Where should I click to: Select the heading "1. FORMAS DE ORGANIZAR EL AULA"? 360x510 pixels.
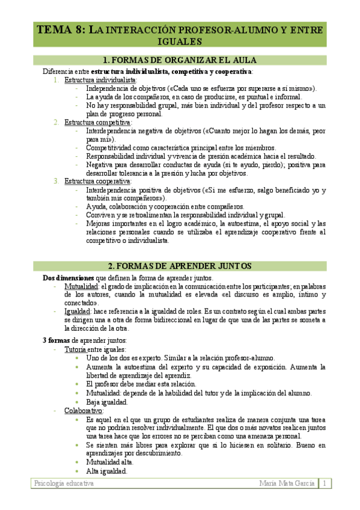tap(180, 60)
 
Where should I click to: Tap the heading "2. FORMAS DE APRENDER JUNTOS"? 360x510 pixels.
tap(180, 266)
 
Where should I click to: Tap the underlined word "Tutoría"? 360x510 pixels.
tap(76, 349)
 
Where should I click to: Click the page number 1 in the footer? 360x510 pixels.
tap(324, 484)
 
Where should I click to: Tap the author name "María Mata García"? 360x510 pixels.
tap(285, 484)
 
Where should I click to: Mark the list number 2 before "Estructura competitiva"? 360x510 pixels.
tap(56, 122)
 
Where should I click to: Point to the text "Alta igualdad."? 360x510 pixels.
tap(106, 472)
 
